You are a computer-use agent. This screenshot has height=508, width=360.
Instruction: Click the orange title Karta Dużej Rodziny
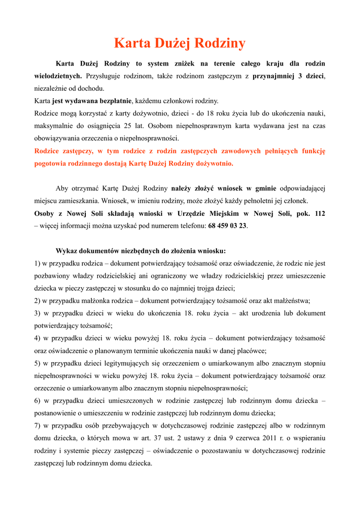pos(180,44)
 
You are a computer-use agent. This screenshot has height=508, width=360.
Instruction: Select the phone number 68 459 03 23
pos(228,226)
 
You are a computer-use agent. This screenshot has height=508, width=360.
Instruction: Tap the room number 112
pos(320,213)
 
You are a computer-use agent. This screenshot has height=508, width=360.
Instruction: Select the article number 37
pos(131,439)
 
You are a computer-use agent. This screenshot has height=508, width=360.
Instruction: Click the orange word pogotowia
pos(51,163)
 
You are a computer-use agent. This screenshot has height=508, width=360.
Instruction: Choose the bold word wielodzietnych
pos(58,76)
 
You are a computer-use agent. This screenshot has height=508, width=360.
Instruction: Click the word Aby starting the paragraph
pos(62,189)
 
